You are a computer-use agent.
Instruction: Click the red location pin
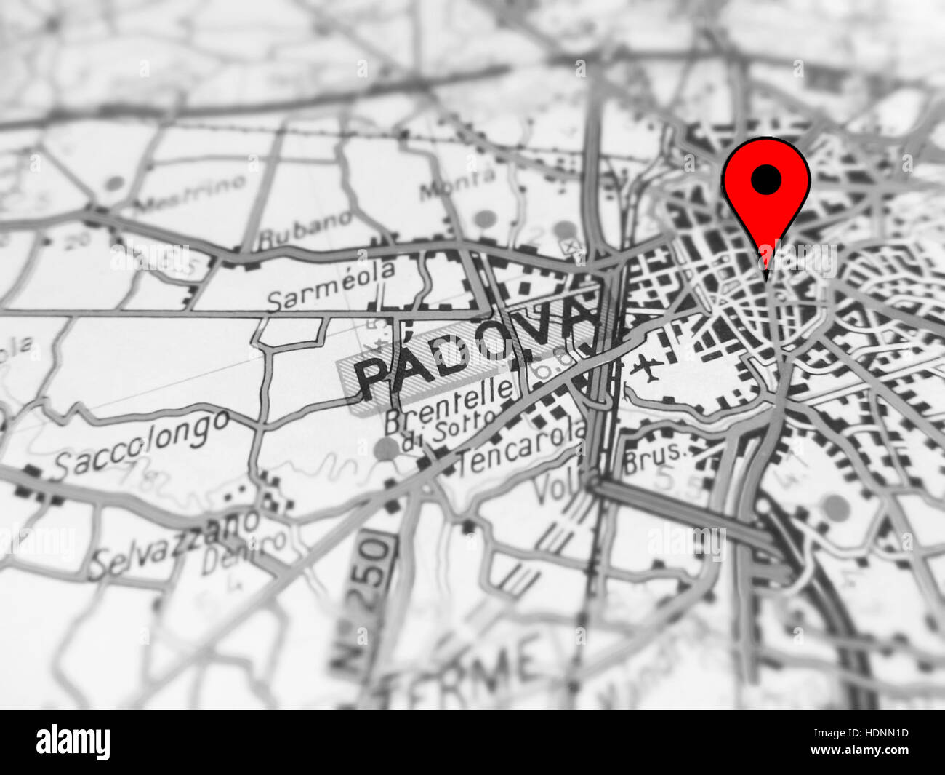pyautogui.click(x=766, y=196)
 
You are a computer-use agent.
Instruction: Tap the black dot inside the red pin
pyautogui.click(x=766, y=179)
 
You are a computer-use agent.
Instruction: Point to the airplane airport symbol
pyautogui.click(x=646, y=368)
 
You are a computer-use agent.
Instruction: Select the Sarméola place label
pyautogui.click(x=331, y=285)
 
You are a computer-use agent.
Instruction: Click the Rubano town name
pyautogui.click(x=306, y=228)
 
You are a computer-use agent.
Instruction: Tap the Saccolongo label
pyautogui.click(x=142, y=444)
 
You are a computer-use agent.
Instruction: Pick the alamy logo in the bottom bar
pyautogui.click(x=73, y=742)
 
